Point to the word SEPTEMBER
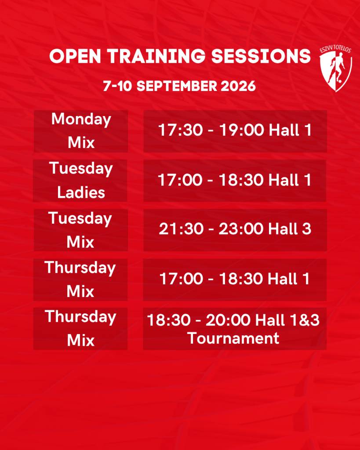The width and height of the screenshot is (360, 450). pyautogui.click(x=177, y=86)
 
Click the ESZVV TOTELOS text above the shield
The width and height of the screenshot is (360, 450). pyautogui.click(x=335, y=49)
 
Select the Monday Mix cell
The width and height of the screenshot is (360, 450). pyautogui.click(x=81, y=131)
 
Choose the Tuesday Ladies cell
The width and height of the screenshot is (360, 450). pyautogui.click(x=80, y=181)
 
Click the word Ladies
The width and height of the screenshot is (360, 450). pyautogui.click(x=81, y=192)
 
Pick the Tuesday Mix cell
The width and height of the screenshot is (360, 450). pyautogui.click(x=81, y=230)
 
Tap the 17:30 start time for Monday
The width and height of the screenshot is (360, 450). pyautogui.click(x=181, y=130)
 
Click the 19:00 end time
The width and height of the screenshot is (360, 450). pyautogui.click(x=242, y=130)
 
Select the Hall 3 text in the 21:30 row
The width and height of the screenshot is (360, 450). pyautogui.click(x=290, y=229)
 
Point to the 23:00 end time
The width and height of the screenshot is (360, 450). pyautogui.click(x=241, y=229)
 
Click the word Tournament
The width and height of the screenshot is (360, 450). pyautogui.click(x=233, y=338)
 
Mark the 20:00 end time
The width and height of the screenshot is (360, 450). pyautogui.click(x=228, y=320)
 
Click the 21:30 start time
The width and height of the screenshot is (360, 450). pyautogui.click(x=181, y=229)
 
